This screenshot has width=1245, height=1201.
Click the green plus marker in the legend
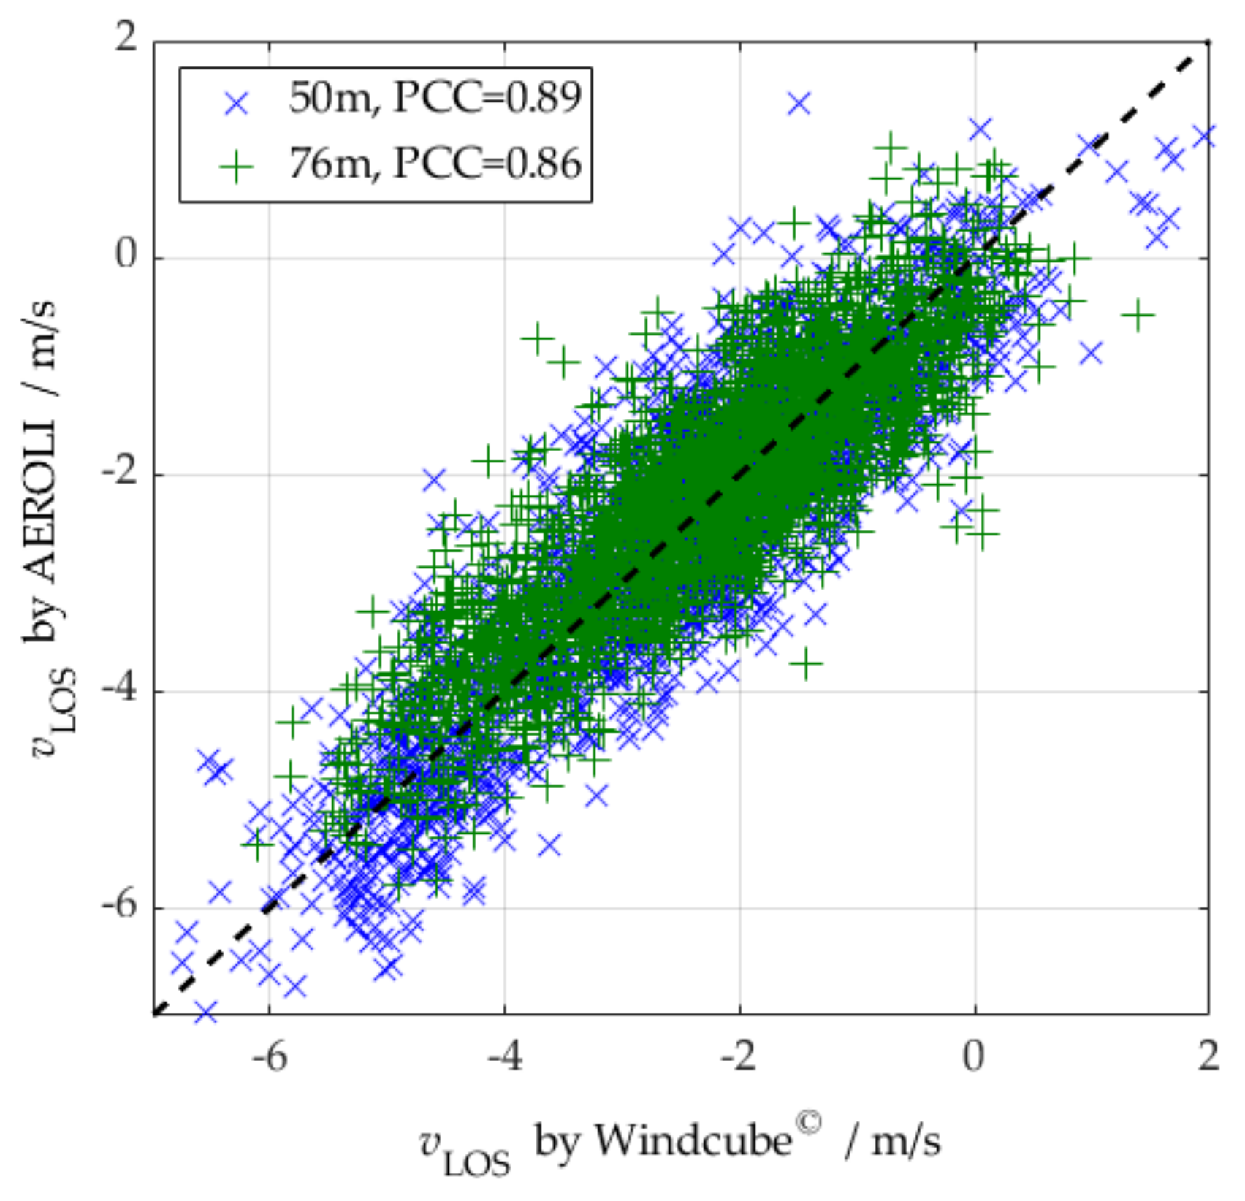pyautogui.click(x=236, y=168)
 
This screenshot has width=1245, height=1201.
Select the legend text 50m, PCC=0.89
pyautogui.click(x=435, y=98)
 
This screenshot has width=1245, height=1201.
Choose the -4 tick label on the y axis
pyautogui.click(x=118, y=688)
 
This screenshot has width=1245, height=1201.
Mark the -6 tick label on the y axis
pyautogui.click(x=118, y=905)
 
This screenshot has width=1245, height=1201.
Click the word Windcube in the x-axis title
pyautogui.click(x=693, y=1140)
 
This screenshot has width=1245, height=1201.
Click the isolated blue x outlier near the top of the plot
pyautogui.click(x=799, y=104)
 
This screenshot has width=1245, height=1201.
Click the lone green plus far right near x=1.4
pyautogui.click(x=1137, y=315)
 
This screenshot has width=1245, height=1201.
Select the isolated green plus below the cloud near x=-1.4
pyautogui.click(x=807, y=664)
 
